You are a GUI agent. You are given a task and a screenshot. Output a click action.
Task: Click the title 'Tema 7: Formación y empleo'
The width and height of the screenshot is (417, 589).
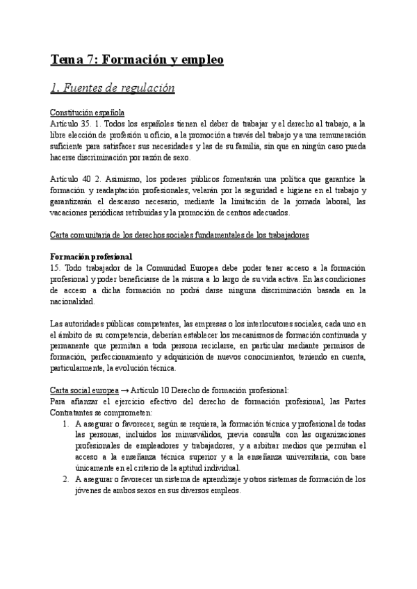pyautogui.click(x=137, y=60)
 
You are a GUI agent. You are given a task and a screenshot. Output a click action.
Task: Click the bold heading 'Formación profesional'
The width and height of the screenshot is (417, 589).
pyautogui.click(x=91, y=257)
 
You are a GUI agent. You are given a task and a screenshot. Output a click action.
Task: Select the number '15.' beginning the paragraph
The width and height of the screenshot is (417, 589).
pyautogui.click(x=56, y=268)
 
